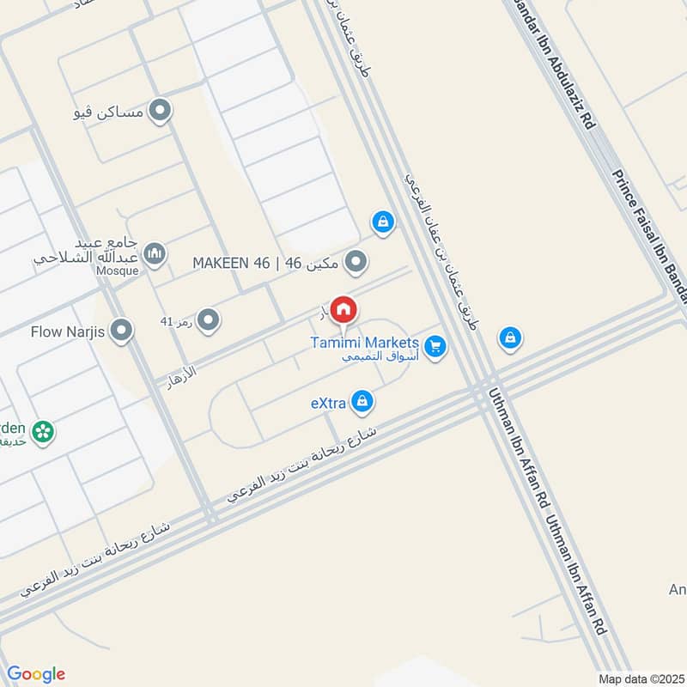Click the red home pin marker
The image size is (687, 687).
[343, 309]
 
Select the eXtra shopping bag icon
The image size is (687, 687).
[362, 400]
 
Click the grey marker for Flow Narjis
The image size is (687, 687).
[123, 330]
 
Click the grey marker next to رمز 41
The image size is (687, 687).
[207, 322]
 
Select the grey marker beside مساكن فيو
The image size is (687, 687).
[159, 111]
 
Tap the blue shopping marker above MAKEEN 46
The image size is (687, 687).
[383, 223]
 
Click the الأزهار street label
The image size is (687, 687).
[184, 377]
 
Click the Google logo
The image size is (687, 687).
[36, 674]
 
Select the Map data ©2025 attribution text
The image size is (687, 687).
[639, 678]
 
